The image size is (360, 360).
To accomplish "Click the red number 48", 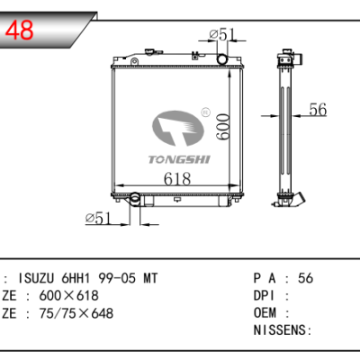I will [x=21, y=30].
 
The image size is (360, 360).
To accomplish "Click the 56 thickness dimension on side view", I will [x=317, y=110].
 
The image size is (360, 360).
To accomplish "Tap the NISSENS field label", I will [x=274, y=329].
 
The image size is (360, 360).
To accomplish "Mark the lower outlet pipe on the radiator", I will [x=132, y=199].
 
